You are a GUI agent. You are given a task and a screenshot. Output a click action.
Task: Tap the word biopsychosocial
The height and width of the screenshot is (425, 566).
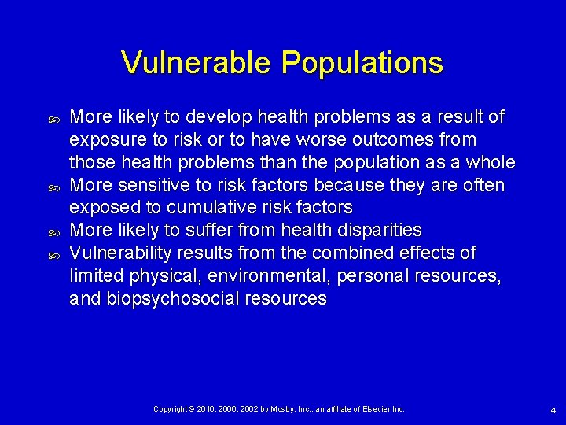pyautogui.click(x=171, y=299)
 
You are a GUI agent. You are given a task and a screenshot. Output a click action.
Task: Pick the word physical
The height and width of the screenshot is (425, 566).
pyautogui.click(x=153, y=276)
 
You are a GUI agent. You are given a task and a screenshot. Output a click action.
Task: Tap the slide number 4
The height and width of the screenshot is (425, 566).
pyautogui.click(x=553, y=410)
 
